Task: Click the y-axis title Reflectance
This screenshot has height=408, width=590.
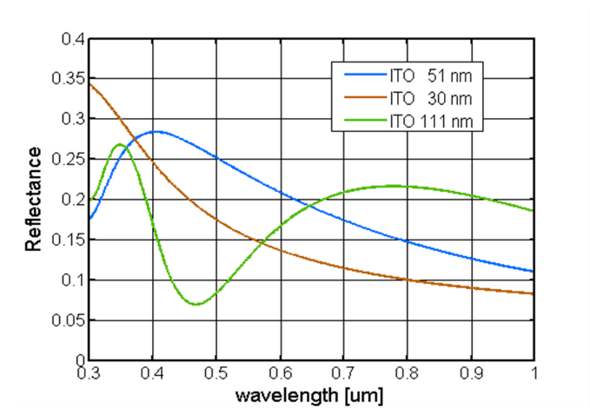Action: pyautogui.click(x=33, y=199)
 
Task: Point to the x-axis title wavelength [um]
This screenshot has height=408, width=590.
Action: pyautogui.click(x=311, y=395)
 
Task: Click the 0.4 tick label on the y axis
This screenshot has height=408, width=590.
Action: pyautogui.click(x=73, y=39)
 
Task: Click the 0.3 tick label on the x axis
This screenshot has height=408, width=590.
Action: pyautogui.click(x=89, y=373)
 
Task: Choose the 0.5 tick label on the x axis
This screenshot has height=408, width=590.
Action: pyautogui.click(x=216, y=373)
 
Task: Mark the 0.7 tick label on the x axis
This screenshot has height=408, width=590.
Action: pyautogui.click(x=344, y=373)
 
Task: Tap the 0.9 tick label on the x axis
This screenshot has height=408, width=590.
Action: pyautogui.click(x=471, y=373)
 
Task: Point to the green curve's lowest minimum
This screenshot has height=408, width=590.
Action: pyautogui.click(x=197, y=304)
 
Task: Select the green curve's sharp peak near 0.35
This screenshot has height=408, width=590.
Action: pyautogui.click(x=120, y=144)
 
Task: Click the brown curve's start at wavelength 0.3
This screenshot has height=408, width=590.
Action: pyautogui.click(x=89, y=83)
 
